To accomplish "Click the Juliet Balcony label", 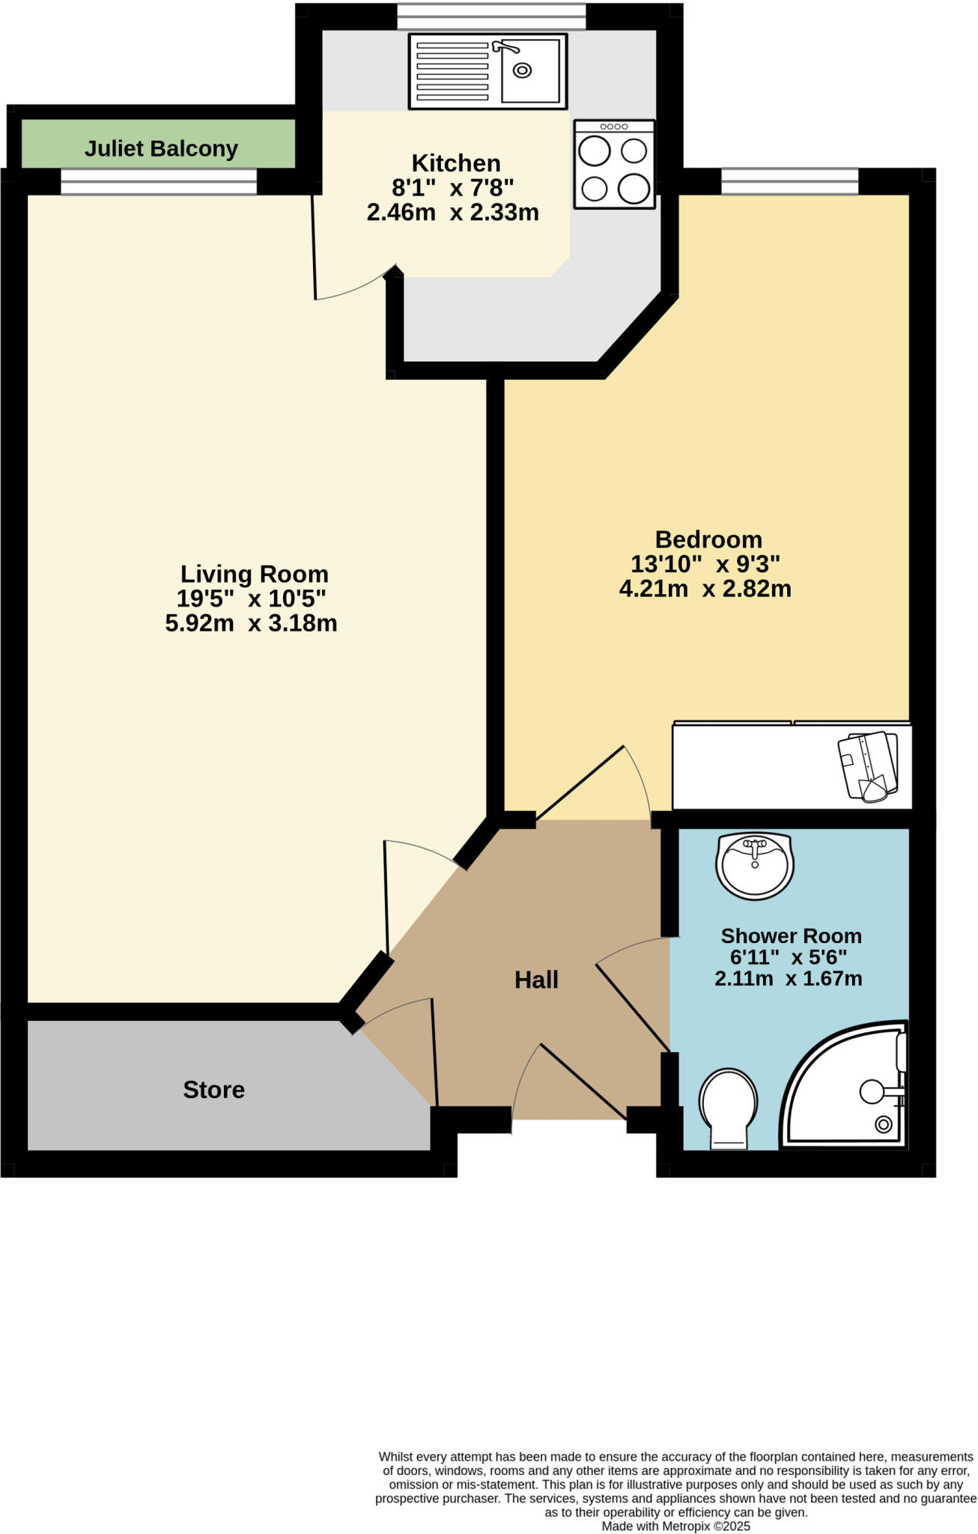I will point(161,148).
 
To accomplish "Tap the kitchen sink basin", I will point(529,71).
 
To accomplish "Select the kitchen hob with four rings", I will point(614,164).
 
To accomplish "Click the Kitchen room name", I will point(456,163).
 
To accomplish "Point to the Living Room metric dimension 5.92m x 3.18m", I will point(251,622).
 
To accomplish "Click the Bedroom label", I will point(708,539).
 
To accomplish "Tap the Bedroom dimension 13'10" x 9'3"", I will point(705,564).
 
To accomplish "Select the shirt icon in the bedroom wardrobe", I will point(868,766).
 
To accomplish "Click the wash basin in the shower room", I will point(754,865).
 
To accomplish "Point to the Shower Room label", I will point(791,936).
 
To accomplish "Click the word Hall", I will point(536,980).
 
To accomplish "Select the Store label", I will point(213,1090).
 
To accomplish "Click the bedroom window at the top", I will point(789,181).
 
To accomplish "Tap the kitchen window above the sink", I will point(490,16).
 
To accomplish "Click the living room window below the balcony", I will point(158,181).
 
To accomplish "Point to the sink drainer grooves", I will point(452,71).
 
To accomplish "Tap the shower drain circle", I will point(883,1124).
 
